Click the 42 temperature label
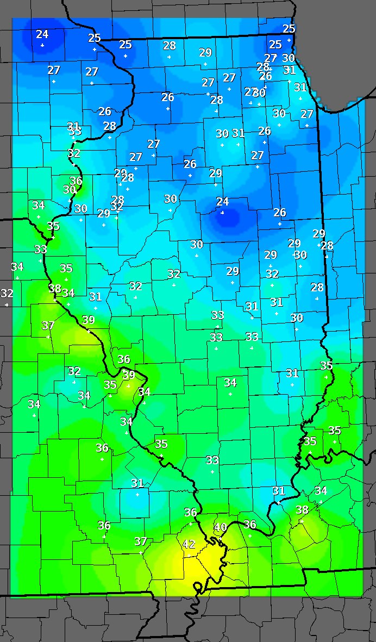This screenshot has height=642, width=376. point(189,544)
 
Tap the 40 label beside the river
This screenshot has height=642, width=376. point(220,527)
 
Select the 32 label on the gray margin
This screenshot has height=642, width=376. point(7,294)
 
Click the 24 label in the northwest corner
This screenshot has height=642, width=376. point(42,34)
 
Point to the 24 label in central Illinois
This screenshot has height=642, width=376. point(222,202)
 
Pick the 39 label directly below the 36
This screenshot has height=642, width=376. point(128,375)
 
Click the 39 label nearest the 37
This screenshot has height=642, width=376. point(88,320)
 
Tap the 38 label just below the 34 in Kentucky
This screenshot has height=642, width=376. point(302,510)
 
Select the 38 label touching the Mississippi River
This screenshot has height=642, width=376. point(55,289)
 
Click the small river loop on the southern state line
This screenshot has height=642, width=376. point(197,587)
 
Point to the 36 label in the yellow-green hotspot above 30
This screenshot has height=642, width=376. point(76,181)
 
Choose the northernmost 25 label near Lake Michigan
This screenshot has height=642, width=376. point(289,29)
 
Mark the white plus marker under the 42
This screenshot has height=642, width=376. point(189,554)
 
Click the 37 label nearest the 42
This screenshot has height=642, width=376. point(141,541)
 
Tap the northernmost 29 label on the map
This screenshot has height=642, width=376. point(205,53)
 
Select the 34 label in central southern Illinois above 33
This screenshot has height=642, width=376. point(230,383)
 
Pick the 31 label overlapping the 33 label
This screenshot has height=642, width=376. point(74,126)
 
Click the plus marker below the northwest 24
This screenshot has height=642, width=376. point(42,45)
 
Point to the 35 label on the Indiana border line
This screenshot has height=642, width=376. point(326,366)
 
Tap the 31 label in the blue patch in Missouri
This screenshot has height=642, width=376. point(137,483)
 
